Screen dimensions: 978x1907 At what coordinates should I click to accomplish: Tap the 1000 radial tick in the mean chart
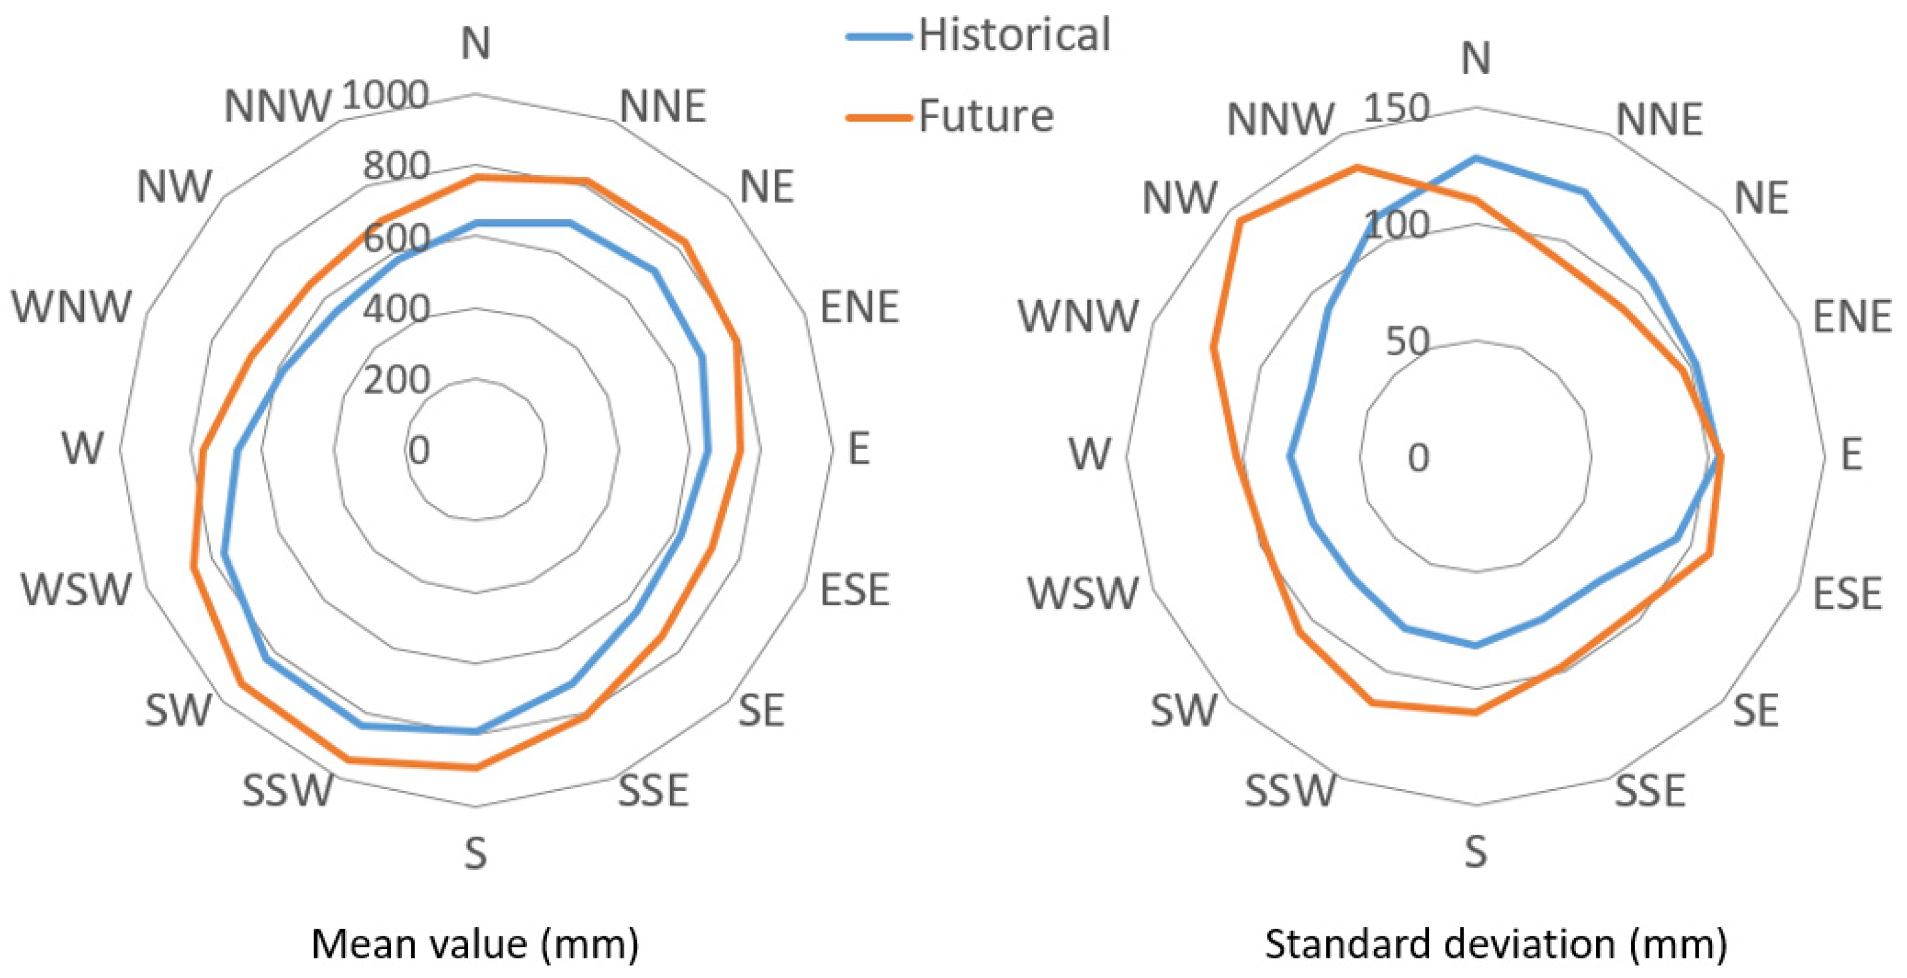pyautogui.click(x=385, y=95)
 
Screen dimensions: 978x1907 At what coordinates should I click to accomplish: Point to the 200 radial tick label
pyautogui.click(x=396, y=380)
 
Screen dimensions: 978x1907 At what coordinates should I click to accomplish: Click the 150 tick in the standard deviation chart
pyautogui.click(x=1395, y=109)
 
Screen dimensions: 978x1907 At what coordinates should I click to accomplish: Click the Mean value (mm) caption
pyautogui.click(x=474, y=944)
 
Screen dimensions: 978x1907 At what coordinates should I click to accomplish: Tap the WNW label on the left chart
pyautogui.click(x=72, y=306)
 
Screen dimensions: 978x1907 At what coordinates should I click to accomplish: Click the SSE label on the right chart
pyautogui.click(x=1649, y=791)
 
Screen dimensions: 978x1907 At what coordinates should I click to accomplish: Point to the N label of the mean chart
pyautogui.click(x=475, y=44)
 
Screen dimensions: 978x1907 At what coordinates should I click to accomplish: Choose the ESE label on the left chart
pyautogui.click(x=854, y=590)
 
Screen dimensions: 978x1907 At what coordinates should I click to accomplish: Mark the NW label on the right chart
pyautogui.click(x=1179, y=198)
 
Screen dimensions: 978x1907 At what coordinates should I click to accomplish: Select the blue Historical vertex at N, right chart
pyautogui.click(x=1476, y=158)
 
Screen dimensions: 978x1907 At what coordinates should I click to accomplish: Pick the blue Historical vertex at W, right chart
pyautogui.click(x=1290, y=457)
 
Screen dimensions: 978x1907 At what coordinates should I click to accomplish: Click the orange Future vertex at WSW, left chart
pyautogui.click(x=193, y=567)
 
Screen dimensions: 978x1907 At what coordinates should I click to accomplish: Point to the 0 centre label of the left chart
pyautogui.click(x=419, y=449)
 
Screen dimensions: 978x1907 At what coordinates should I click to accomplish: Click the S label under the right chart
pyautogui.click(x=1476, y=852)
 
